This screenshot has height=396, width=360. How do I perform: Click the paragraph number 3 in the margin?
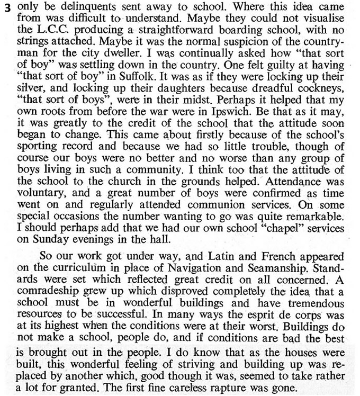click(x=7, y=9)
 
